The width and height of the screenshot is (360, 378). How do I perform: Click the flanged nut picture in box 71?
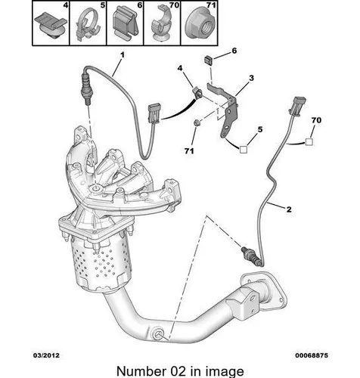click(199, 26)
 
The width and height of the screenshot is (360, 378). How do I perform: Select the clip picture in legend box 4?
click(51, 25)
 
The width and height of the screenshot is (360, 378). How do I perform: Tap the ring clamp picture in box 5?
click(88, 25)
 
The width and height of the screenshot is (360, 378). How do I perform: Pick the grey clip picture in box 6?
click(125, 25)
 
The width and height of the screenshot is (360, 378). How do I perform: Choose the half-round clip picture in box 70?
click(161, 25)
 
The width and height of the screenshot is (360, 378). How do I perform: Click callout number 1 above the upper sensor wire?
click(123, 55)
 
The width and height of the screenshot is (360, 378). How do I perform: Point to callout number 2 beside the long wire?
click(289, 209)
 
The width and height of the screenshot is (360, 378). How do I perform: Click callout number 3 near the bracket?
click(251, 78)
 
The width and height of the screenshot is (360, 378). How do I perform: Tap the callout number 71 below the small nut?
click(189, 151)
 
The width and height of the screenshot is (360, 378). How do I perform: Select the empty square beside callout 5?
click(244, 150)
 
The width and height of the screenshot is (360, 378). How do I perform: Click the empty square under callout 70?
click(309, 142)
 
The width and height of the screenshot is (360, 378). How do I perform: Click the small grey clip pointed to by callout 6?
click(208, 60)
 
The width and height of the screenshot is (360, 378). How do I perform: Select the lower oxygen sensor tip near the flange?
click(244, 249)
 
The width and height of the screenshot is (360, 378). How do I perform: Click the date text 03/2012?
click(46, 355)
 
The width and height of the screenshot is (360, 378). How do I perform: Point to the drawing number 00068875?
click(312, 355)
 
